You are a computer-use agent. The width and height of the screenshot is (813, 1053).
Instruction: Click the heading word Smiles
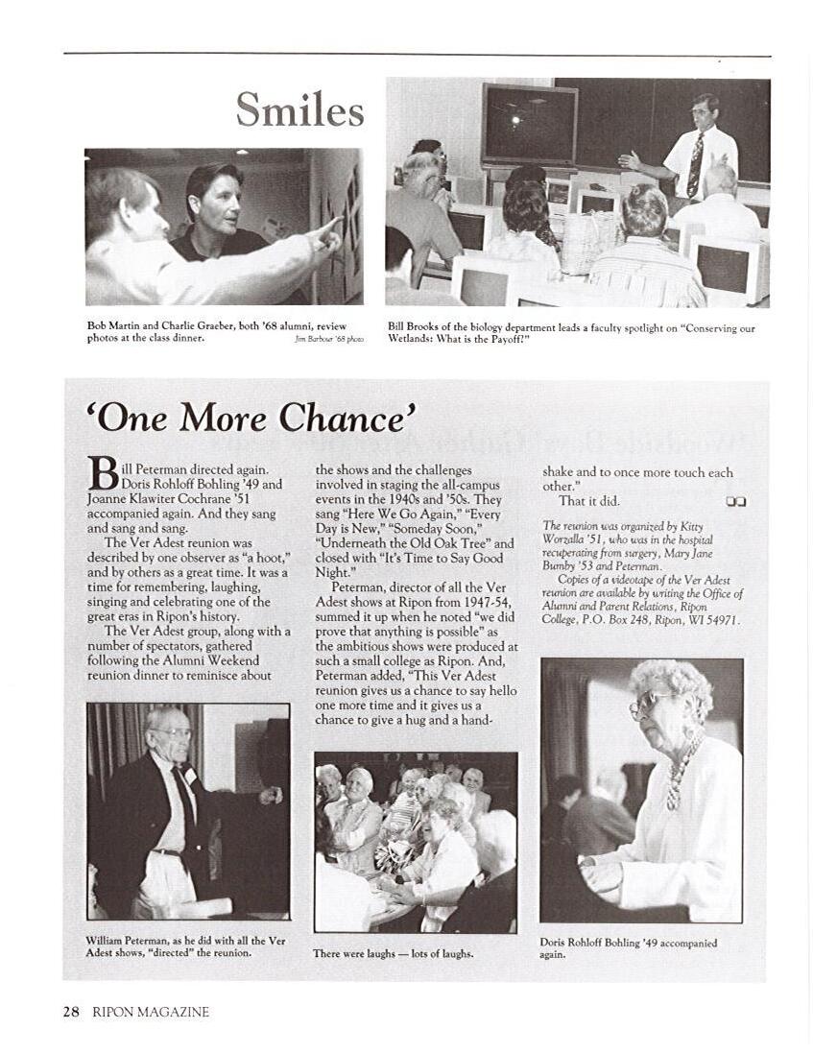click(x=300, y=109)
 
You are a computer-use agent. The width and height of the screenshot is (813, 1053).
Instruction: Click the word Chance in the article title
click(x=348, y=419)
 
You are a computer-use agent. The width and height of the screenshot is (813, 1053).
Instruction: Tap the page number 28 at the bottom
click(x=72, y=1011)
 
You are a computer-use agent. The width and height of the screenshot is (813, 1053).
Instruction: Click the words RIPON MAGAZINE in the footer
click(x=151, y=1012)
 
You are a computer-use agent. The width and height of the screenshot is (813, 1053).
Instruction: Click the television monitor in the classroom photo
click(x=530, y=124)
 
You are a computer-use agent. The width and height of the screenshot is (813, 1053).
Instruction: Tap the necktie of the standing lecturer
click(x=695, y=164)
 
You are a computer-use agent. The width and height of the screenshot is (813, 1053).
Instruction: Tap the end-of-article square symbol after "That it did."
click(x=736, y=500)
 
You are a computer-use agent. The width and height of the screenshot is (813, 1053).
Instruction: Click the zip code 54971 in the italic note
click(x=721, y=619)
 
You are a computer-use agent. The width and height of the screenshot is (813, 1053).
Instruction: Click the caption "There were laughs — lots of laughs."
click(x=393, y=953)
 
